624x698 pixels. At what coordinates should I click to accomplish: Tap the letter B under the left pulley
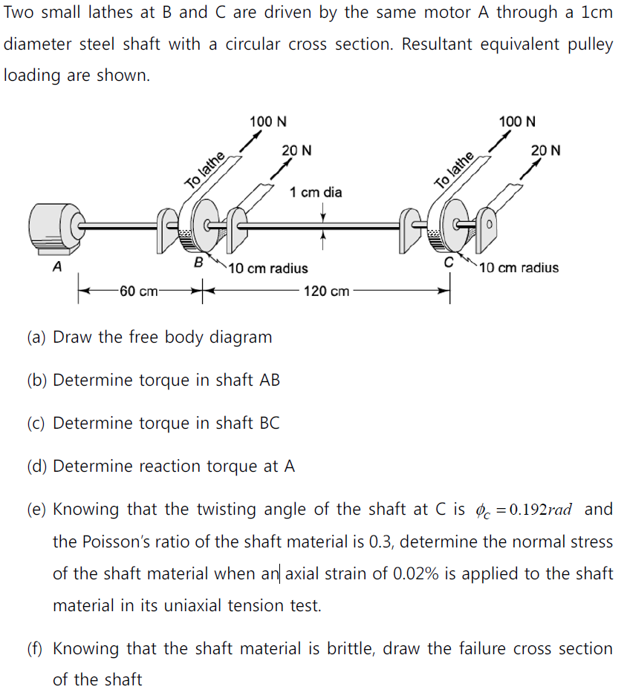pyautogui.click(x=198, y=263)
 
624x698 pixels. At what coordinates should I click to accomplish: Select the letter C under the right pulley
pyautogui.click(x=448, y=263)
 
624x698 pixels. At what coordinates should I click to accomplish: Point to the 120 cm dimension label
pyautogui.click(x=326, y=292)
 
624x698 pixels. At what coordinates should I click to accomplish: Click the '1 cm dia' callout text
pyautogui.click(x=316, y=193)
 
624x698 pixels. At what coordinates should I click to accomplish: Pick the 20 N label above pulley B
pyautogui.click(x=296, y=151)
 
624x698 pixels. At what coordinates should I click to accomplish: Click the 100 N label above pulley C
pyautogui.click(x=518, y=121)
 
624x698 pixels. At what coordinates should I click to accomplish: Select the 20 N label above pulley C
pyautogui.click(x=546, y=151)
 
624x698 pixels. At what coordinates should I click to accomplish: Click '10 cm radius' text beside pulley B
pyautogui.click(x=268, y=268)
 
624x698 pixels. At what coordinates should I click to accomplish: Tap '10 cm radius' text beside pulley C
pyautogui.click(x=519, y=268)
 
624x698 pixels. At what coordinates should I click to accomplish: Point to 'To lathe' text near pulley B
pyautogui.click(x=205, y=170)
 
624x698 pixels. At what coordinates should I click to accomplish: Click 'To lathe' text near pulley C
pyautogui.click(x=455, y=170)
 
